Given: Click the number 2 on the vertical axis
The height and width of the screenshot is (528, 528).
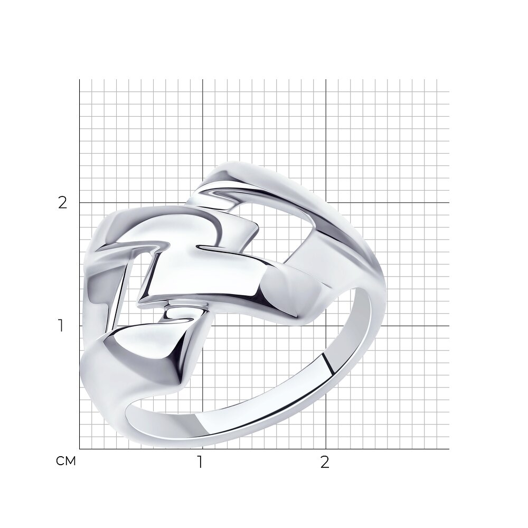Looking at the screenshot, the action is pos(63,203).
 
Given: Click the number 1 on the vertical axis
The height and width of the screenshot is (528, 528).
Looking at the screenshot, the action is pos(61,326).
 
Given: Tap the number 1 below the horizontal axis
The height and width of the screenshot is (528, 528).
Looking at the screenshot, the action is pos(200,463).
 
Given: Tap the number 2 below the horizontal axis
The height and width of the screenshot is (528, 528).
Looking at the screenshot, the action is pos(324,463).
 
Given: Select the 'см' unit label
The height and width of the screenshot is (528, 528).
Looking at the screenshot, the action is pos(66,461).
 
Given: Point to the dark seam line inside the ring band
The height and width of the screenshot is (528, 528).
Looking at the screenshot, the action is pos(328,363).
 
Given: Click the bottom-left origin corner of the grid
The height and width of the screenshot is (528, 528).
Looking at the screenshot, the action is pos(80,449).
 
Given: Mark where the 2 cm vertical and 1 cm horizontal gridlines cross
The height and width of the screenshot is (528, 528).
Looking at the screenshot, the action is pos(326,326).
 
